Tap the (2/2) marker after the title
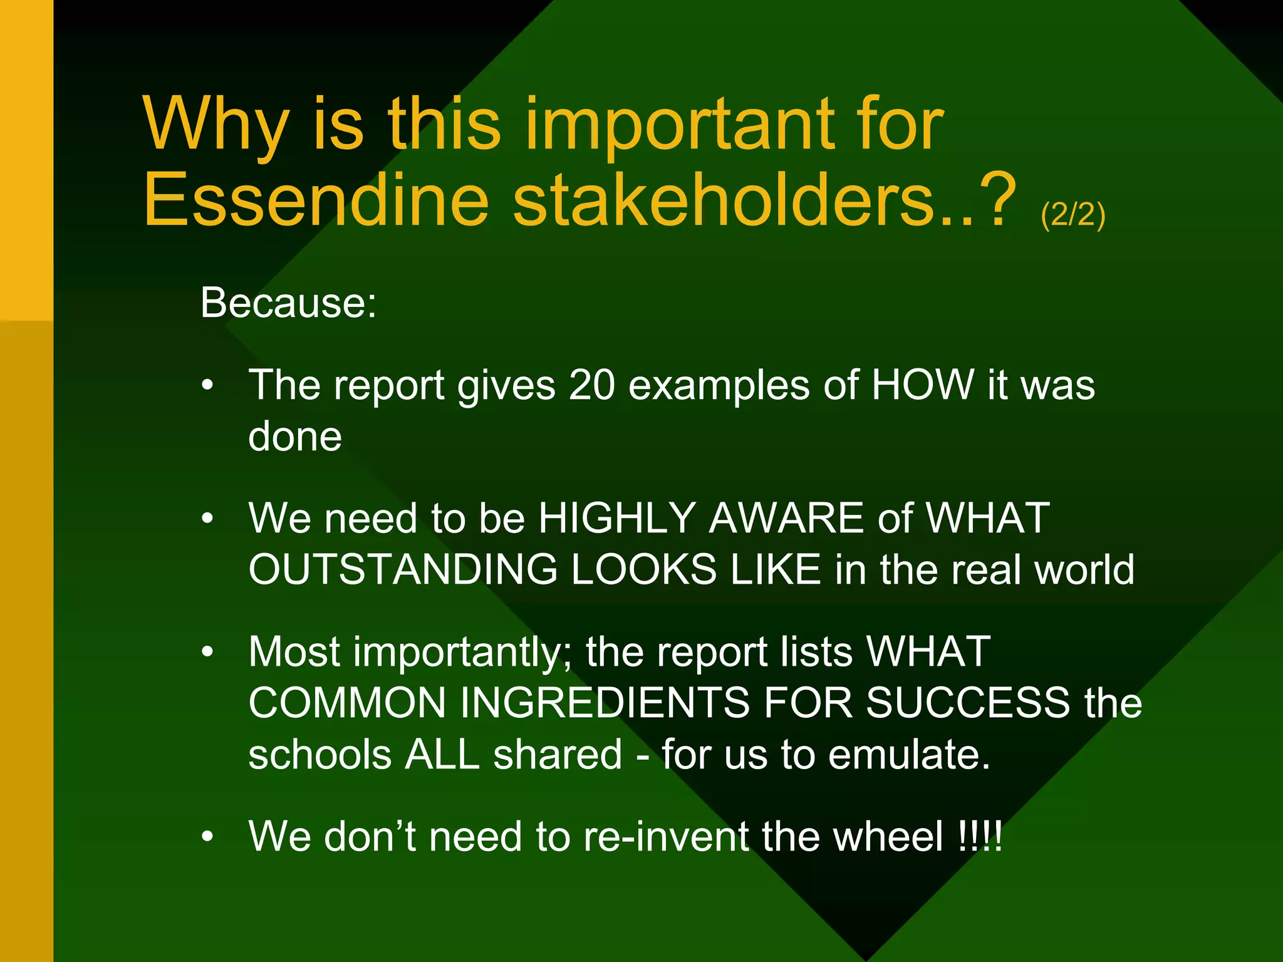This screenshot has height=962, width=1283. click(1073, 215)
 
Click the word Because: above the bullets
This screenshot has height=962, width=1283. click(288, 303)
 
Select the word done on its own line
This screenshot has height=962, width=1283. click(295, 437)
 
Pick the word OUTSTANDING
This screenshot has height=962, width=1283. click(403, 569)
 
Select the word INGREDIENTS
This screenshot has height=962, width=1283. click(605, 703)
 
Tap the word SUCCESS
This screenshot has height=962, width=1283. click(968, 703)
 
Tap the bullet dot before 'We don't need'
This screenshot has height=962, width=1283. click(208, 837)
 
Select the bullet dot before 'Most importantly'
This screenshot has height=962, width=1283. click(208, 653)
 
